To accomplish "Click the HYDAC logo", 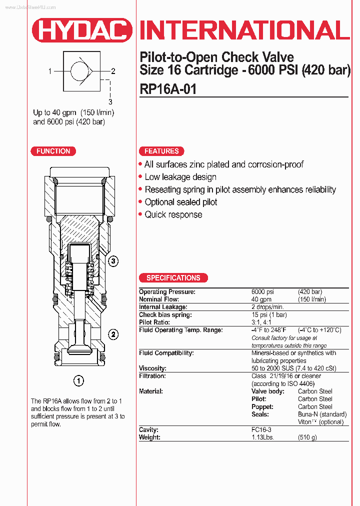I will click(x=82, y=31).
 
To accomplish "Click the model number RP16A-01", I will click(x=168, y=89).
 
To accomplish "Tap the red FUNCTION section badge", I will click(x=53, y=151).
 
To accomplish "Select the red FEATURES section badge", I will click(x=161, y=151).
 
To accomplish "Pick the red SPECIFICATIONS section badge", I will click(x=173, y=278).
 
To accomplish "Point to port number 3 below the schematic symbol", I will click(x=110, y=101).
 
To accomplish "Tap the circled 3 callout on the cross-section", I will click(x=113, y=261).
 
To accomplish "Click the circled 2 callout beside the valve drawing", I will click(x=113, y=334).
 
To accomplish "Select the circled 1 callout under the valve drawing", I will click(x=78, y=381).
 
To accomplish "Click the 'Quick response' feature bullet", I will click(x=173, y=214).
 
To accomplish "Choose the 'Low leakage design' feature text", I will click(x=180, y=177).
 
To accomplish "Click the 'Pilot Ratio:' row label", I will click(x=155, y=322).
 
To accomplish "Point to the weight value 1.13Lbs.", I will click(x=262, y=437).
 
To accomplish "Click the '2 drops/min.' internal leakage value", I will click(x=267, y=307).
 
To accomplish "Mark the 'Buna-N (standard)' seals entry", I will click(x=322, y=414).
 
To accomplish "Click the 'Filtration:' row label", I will click(x=152, y=376).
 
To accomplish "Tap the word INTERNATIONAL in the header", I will click(x=244, y=31).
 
